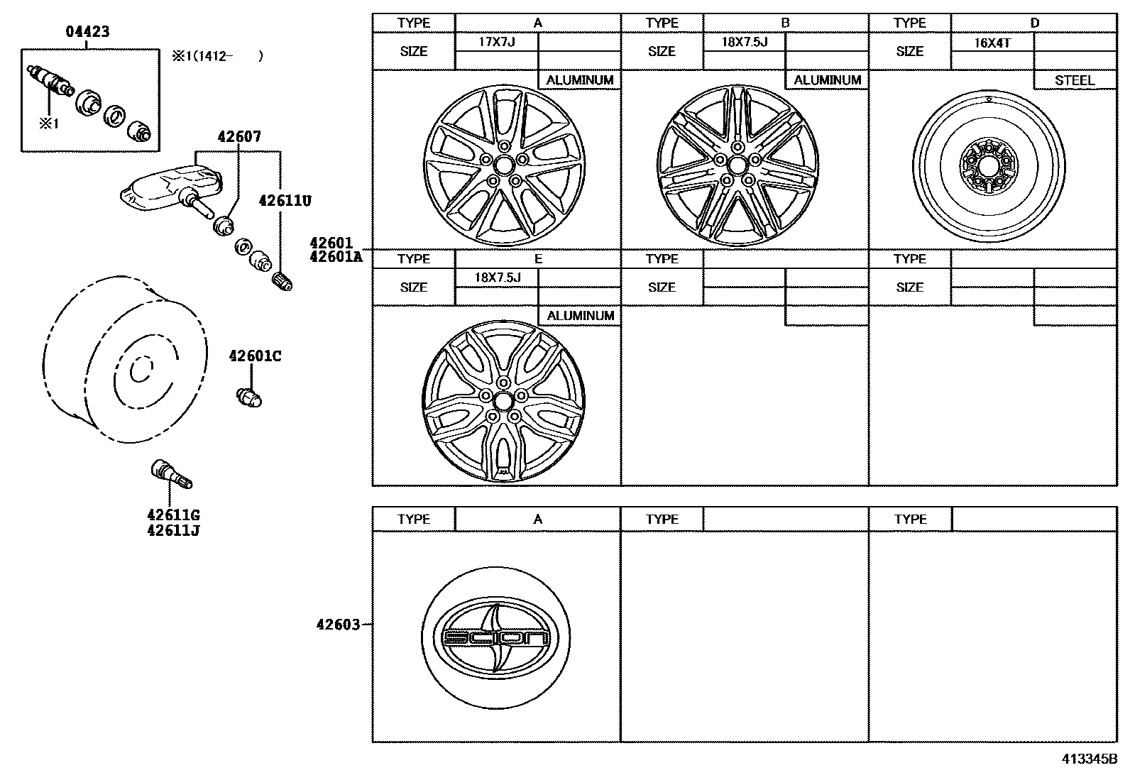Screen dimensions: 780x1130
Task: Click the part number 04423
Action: (x=87, y=32)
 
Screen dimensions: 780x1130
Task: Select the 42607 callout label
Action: (x=238, y=137)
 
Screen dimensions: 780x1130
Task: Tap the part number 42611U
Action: (x=285, y=201)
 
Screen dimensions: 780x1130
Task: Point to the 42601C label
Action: (x=255, y=356)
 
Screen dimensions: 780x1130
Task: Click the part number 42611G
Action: (x=173, y=515)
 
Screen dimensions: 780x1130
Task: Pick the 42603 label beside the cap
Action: (x=339, y=625)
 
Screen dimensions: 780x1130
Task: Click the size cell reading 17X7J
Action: (x=496, y=42)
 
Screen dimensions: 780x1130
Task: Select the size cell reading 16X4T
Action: (x=992, y=43)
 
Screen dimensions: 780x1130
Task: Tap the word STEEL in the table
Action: (x=1075, y=80)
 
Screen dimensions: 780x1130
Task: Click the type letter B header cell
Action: (x=785, y=23)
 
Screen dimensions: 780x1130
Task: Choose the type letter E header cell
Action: (x=537, y=258)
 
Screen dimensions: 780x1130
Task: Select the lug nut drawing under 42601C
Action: (x=249, y=397)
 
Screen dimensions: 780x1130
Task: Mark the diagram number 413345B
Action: (x=1090, y=759)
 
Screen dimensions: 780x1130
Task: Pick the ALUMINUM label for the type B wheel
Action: (x=827, y=80)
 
